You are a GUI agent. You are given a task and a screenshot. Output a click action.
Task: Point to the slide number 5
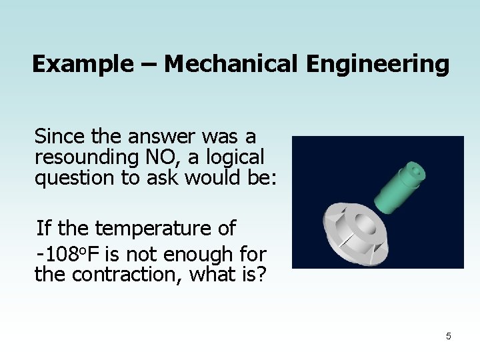coord(448,336)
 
